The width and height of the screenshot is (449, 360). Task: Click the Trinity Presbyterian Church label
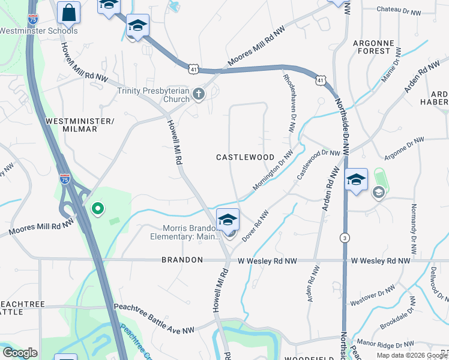click(153, 95)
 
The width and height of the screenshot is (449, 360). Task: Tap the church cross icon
click(199, 94)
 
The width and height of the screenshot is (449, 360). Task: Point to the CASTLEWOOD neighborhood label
click(245, 157)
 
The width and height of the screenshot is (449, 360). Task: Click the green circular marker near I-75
click(96, 209)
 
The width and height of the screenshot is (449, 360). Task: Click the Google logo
click(20, 353)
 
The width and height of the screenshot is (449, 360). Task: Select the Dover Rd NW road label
click(255, 227)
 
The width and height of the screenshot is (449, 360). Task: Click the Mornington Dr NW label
click(273, 170)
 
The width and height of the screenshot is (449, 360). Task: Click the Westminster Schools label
click(38, 31)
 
